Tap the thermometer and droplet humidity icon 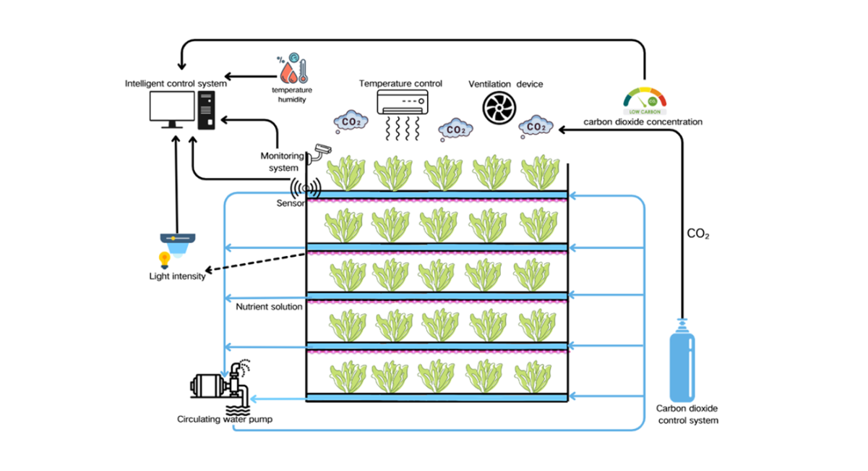pyautogui.click(x=293, y=69)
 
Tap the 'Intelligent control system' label pyautogui.click(x=176, y=83)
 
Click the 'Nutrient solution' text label pyautogui.click(x=269, y=307)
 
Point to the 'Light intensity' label pyautogui.click(x=177, y=276)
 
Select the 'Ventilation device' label pyautogui.click(x=505, y=84)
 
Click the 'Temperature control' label pyautogui.click(x=400, y=84)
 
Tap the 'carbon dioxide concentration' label pyautogui.click(x=643, y=122)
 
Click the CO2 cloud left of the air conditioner pyautogui.click(x=351, y=122)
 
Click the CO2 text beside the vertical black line pyautogui.click(x=697, y=234)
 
